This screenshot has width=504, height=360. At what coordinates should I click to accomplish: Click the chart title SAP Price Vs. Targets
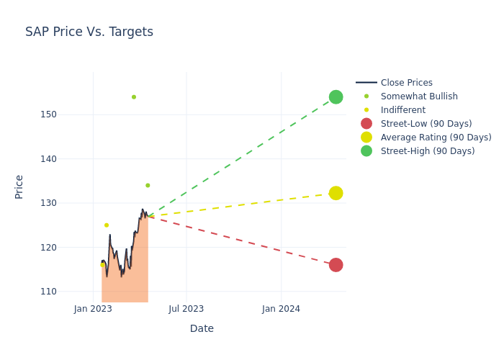[89, 32]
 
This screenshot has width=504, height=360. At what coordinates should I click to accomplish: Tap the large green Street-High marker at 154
[336, 97]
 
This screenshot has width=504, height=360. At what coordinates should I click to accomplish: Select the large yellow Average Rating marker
[336, 193]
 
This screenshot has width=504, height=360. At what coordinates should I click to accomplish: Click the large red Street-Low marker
[336, 265]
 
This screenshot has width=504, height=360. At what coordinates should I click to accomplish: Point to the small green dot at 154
[134, 97]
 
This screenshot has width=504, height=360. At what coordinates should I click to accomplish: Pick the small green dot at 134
[148, 185]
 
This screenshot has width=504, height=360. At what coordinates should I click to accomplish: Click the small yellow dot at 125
[107, 225]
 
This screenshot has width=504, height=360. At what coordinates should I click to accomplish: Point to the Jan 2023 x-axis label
[93, 309]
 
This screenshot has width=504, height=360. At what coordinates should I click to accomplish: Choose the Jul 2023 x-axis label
[186, 309]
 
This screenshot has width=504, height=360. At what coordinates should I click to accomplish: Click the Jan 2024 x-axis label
[281, 309]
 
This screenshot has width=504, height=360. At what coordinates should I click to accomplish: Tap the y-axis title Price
[19, 186]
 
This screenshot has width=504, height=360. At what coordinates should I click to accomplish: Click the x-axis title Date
[202, 329]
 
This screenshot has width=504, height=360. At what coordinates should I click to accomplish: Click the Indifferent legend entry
[403, 110]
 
